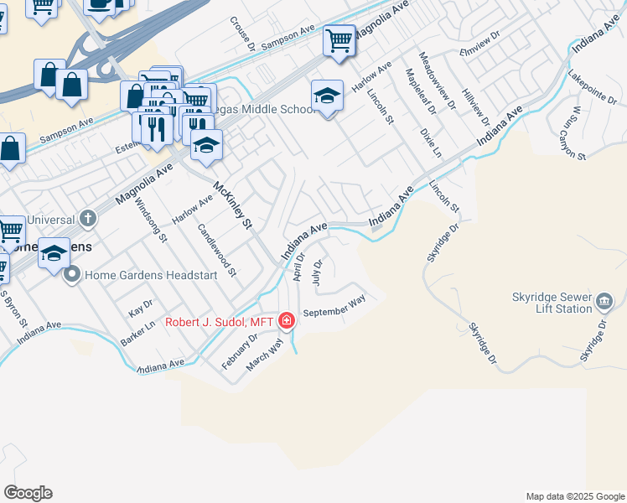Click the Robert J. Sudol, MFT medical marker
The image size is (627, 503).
[287, 321]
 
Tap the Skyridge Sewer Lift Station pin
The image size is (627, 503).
[607, 301]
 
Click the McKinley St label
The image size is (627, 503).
[232, 205]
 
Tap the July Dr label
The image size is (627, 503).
[317, 273]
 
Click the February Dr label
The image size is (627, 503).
[240, 350]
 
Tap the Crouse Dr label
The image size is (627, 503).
[243, 34]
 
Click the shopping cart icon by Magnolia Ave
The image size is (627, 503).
[339, 39]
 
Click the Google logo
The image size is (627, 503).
[28, 493]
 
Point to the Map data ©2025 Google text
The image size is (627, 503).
[574, 496]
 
